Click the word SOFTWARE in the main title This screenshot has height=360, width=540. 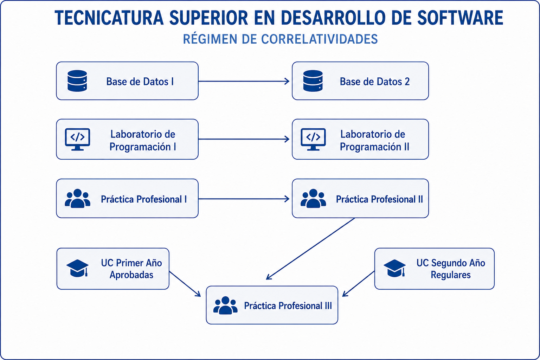click(x=460, y=18)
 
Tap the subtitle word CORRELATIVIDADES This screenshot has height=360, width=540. click(x=319, y=39)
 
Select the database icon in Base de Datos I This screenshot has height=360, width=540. click(x=77, y=81)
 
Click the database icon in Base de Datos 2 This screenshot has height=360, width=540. click(x=313, y=81)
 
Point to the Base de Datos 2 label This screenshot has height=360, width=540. click(x=375, y=82)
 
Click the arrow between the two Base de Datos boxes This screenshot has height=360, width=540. click(x=244, y=81)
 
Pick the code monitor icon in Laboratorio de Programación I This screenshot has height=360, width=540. click(x=77, y=140)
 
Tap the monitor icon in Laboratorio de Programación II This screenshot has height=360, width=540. click(x=313, y=140)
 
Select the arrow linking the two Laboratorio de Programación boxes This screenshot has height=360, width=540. click(x=244, y=139)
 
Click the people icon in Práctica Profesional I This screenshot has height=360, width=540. click(x=78, y=198)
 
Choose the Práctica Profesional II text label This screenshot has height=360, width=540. click(x=379, y=199)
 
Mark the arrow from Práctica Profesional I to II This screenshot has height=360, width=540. click(x=244, y=199)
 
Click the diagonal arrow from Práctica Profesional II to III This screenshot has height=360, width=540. click(x=310, y=249)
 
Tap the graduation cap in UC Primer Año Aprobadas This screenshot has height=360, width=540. click(x=77, y=268)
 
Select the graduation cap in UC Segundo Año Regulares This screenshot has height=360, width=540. click(x=395, y=268)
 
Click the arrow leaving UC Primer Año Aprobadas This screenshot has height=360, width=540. click(x=185, y=284)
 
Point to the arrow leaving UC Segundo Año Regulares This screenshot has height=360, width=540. click(x=359, y=284)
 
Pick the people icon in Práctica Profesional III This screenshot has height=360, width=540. click(x=225, y=305)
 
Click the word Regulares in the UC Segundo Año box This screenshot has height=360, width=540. click(x=451, y=275)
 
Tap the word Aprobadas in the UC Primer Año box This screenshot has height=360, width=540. click(x=131, y=275)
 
